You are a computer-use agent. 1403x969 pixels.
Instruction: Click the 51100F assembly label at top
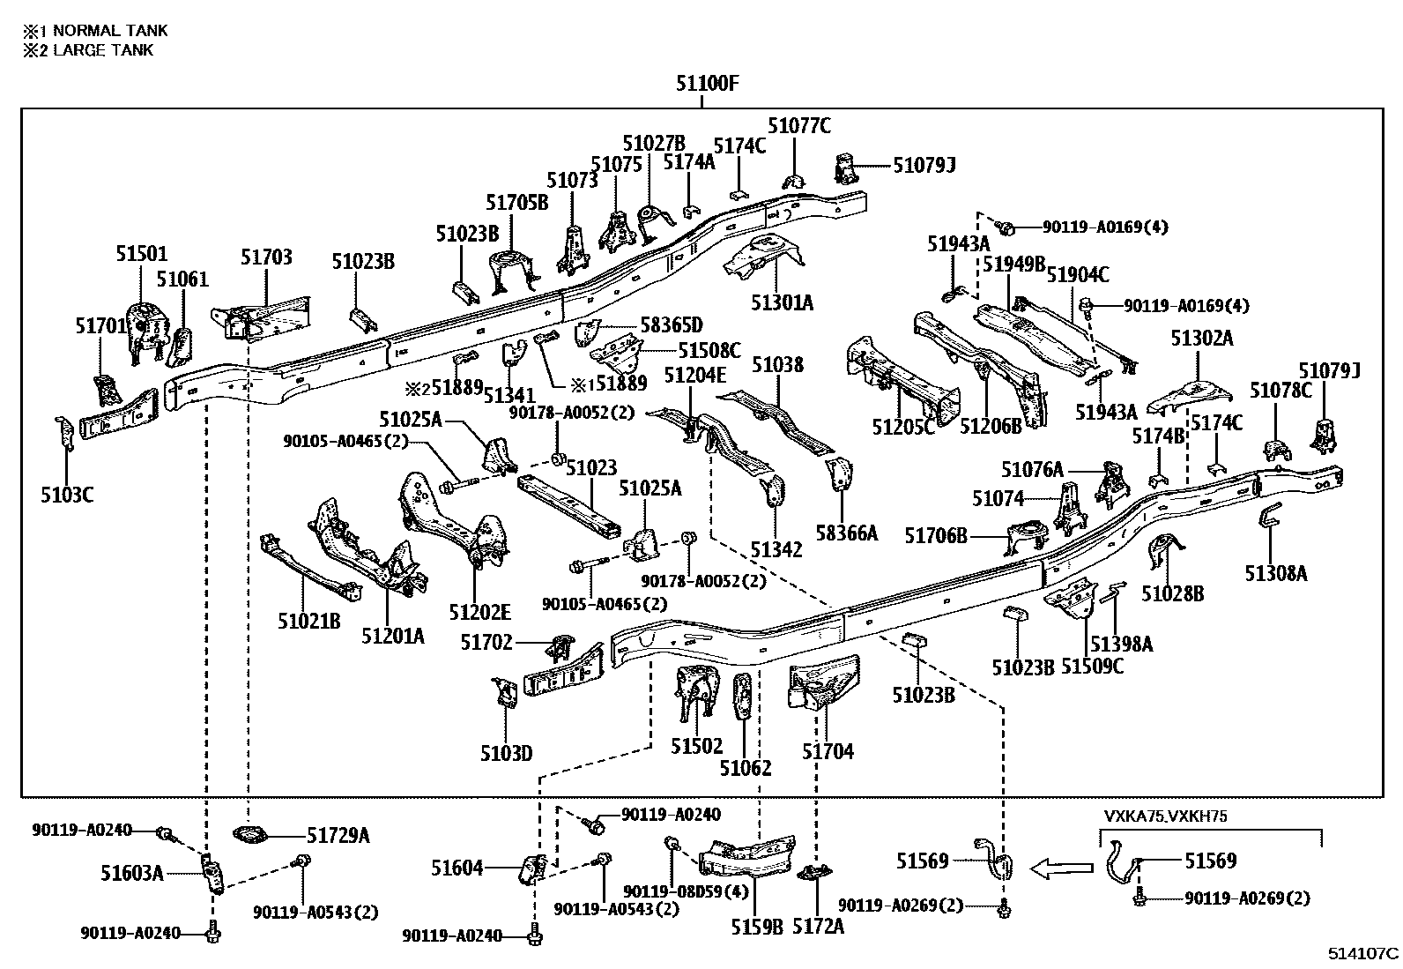[x=707, y=85]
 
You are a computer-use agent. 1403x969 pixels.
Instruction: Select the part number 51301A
[x=783, y=303]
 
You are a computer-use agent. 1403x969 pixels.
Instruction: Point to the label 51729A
[x=338, y=835]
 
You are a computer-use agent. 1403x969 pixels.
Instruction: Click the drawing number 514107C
[x=1363, y=953]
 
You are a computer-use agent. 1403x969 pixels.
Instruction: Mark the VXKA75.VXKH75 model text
[x=1165, y=816]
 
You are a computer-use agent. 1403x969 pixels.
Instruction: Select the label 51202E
[x=479, y=612]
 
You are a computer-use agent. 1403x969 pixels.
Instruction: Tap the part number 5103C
[x=67, y=495]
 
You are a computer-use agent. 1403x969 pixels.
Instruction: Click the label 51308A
[x=1276, y=574]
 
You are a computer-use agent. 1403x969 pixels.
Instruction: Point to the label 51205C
[x=903, y=427]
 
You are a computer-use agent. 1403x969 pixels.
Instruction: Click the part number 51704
[x=828, y=751]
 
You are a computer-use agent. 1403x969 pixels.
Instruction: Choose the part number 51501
[x=141, y=254]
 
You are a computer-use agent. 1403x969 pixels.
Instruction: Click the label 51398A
[x=1121, y=645]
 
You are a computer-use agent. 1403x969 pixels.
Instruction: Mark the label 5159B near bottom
[x=757, y=927]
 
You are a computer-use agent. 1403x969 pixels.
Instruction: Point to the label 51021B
[x=309, y=622]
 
